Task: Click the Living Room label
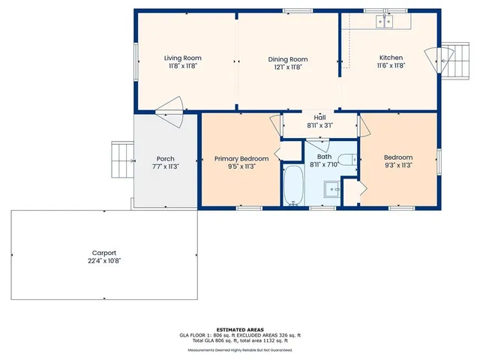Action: [183, 58]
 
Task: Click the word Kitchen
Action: [391, 58]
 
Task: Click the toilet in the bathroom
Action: [346, 159]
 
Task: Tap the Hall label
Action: [319, 118]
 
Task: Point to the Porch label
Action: [165, 158]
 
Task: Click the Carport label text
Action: [104, 253]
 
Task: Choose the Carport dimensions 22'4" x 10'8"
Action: [104, 260]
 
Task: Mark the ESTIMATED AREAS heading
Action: [240, 329]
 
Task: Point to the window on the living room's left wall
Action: [136, 59]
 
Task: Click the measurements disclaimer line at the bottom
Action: [240, 349]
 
